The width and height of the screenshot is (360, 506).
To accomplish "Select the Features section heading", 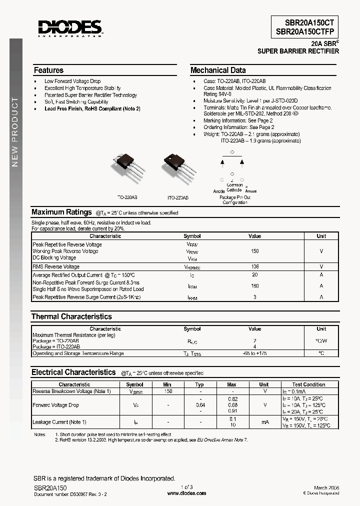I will pos(48,70).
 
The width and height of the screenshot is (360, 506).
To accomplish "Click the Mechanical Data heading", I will pos(218,70).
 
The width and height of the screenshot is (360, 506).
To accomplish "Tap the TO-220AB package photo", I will pos(129,165).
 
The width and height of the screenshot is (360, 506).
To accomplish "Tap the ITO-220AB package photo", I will pos(176,165).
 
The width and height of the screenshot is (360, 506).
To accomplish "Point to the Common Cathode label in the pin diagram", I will pos(234,187).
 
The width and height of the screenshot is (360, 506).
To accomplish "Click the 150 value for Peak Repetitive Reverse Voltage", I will pos(254,251).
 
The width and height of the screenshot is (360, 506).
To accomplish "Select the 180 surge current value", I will pos(254,286).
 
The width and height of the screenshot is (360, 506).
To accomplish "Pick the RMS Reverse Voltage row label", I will pos(56,267).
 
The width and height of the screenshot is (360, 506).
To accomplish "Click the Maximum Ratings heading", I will pos(61,212).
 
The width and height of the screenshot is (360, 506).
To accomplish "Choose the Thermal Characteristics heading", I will pos(71,316).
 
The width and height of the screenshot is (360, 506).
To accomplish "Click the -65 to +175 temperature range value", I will pos(254,353).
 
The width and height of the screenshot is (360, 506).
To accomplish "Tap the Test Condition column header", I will pos(308,384).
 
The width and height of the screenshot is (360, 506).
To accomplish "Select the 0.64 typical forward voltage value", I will pos(199,405).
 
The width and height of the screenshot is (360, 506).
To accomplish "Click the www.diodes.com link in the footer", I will pos(186,493).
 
